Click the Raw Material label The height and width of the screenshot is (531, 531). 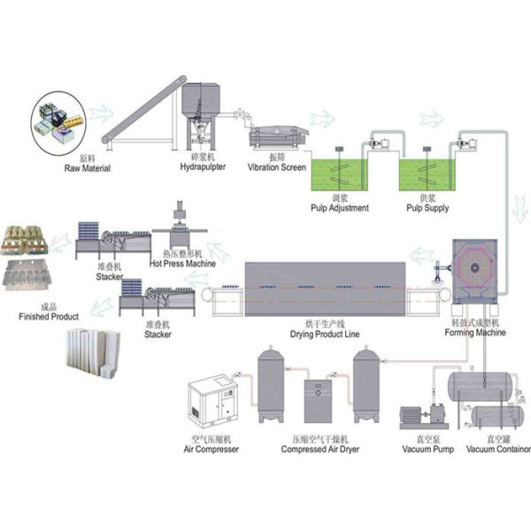(86, 166)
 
